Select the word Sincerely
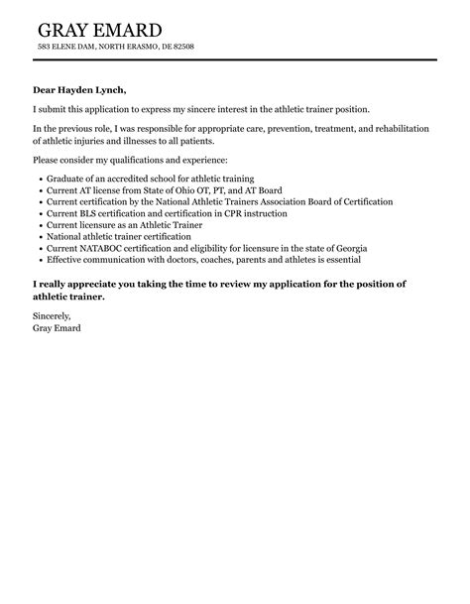(x=52, y=316)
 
